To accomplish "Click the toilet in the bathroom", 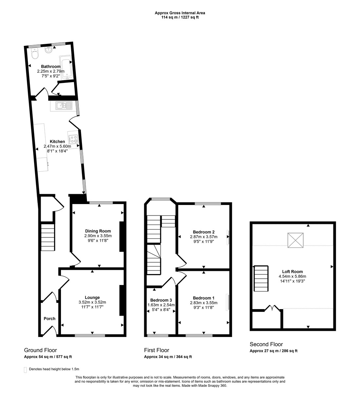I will tap(34, 54).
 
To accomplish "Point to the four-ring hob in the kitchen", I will tap(73, 139).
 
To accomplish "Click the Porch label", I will tap(50, 318).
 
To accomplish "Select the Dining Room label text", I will tap(98, 231).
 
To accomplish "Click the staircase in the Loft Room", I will tap(261, 278).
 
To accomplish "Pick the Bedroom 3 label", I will tap(161, 300).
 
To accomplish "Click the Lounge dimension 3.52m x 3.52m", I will tap(92, 302).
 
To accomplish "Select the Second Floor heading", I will tap(266, 344).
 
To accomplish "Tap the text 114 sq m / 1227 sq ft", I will tap(180, 17).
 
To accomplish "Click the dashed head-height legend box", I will tap(26, 369).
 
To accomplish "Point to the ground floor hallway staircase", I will tap(48, 237).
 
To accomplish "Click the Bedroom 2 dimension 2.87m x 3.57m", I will tap(204, 236).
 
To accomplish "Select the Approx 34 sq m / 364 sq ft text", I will tap(168, 357).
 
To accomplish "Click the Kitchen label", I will tap(57, 141).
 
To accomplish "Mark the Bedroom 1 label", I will tap(202, 298).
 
